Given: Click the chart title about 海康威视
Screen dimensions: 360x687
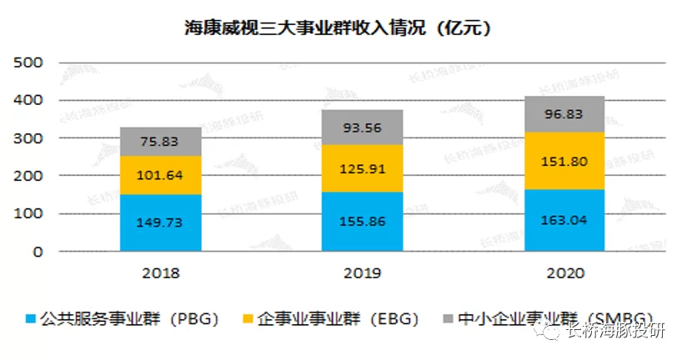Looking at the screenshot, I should click(x=337, y=27).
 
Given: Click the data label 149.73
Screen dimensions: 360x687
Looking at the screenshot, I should click(x=161, y=222).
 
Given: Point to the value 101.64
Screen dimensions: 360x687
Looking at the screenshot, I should click(x=161, y=175).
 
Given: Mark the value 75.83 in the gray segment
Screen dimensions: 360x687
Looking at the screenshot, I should click(x=161, y=141).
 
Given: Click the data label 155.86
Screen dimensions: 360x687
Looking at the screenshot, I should click(x=362, y=221).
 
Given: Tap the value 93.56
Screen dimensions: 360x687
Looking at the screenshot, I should click(x=362, y=127).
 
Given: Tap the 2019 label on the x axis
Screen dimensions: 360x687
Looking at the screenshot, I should click(x=362, y=272).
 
